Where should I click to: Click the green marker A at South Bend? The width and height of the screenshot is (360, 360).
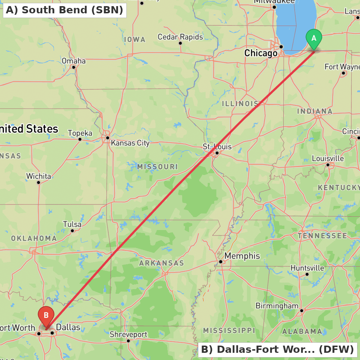[x=314, y=38]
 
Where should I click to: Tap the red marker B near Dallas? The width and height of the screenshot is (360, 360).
[x=46, y=315]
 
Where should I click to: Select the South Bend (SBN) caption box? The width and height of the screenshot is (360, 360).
[x=64, y=10]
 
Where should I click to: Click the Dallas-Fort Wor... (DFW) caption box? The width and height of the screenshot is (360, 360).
[x=277, y=349]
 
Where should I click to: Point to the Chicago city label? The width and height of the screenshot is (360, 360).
[x=261, y=53]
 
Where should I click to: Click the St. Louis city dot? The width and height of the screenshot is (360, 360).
[x=217, y=153]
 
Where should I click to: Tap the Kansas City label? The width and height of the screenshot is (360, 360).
[x=130, y=143]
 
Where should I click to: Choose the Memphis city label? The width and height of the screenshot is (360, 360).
[x=242, y=256]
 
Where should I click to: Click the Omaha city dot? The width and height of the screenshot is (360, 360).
[x=73, y=67]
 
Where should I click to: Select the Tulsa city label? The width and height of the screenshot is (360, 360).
[x=72, y=224]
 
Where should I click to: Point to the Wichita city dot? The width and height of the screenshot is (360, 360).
[x=39, y=182]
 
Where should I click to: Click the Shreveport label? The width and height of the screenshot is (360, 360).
[x=129, y=334]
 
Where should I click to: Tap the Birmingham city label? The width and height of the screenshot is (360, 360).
[x=277, y=306]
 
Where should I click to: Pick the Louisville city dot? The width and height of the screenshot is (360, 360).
[x=328, y=165]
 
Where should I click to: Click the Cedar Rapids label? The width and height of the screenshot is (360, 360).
[x=180, y=37]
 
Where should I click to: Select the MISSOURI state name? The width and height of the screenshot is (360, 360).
[x=157, y=167]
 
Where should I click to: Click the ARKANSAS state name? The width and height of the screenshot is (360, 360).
[x=162, y=263]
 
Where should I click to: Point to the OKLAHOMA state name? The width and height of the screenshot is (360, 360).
[x=34, y=238]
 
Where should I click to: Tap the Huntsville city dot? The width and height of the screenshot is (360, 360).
[x=307, y=274]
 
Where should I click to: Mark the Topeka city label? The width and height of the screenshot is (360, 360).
[x=80, y=133]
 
